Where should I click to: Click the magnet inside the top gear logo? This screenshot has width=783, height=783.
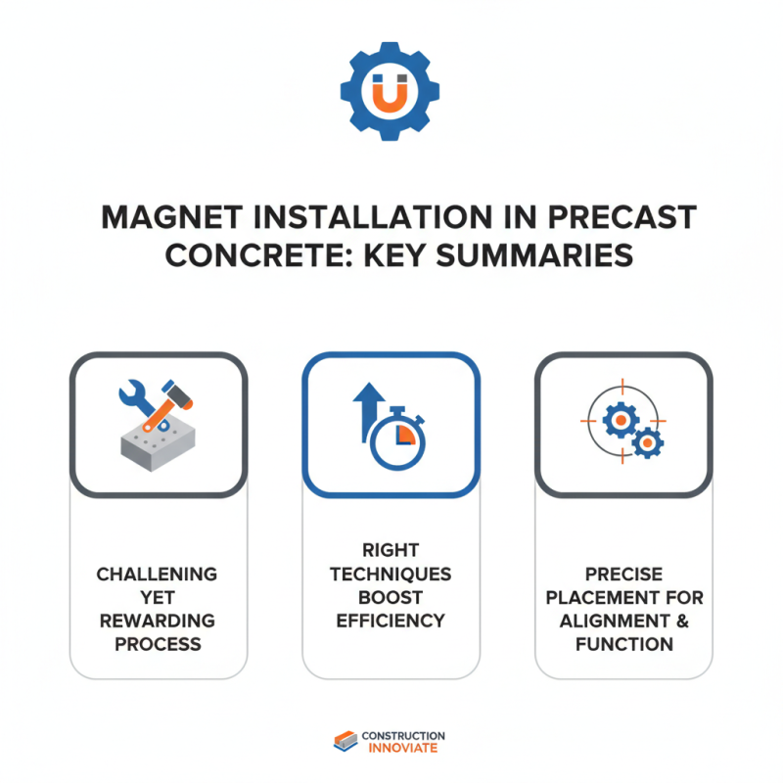(391, 92)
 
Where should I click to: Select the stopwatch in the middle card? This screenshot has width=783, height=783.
(398, 437)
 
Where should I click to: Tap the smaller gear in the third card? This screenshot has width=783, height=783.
(646, 443)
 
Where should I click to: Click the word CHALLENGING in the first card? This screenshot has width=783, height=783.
(157, 574)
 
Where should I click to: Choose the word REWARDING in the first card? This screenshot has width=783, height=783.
(157, 621)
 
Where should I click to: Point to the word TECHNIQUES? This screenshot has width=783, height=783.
(391, 574)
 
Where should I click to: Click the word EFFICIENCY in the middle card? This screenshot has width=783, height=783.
(391, 621)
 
